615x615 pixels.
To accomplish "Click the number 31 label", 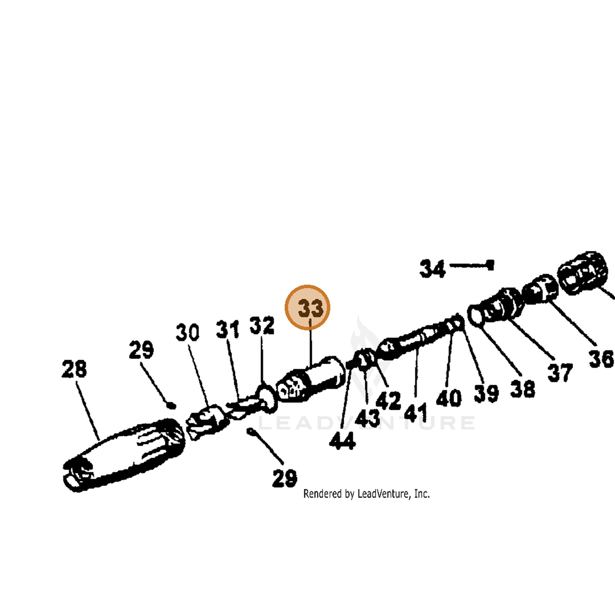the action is pos(228,329).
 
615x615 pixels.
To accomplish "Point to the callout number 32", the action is pos(262,325).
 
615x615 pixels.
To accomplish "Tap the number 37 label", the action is pos(560,373).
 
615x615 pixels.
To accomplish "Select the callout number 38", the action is pos(523,388).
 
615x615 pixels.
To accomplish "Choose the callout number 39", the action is pos(486,393).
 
